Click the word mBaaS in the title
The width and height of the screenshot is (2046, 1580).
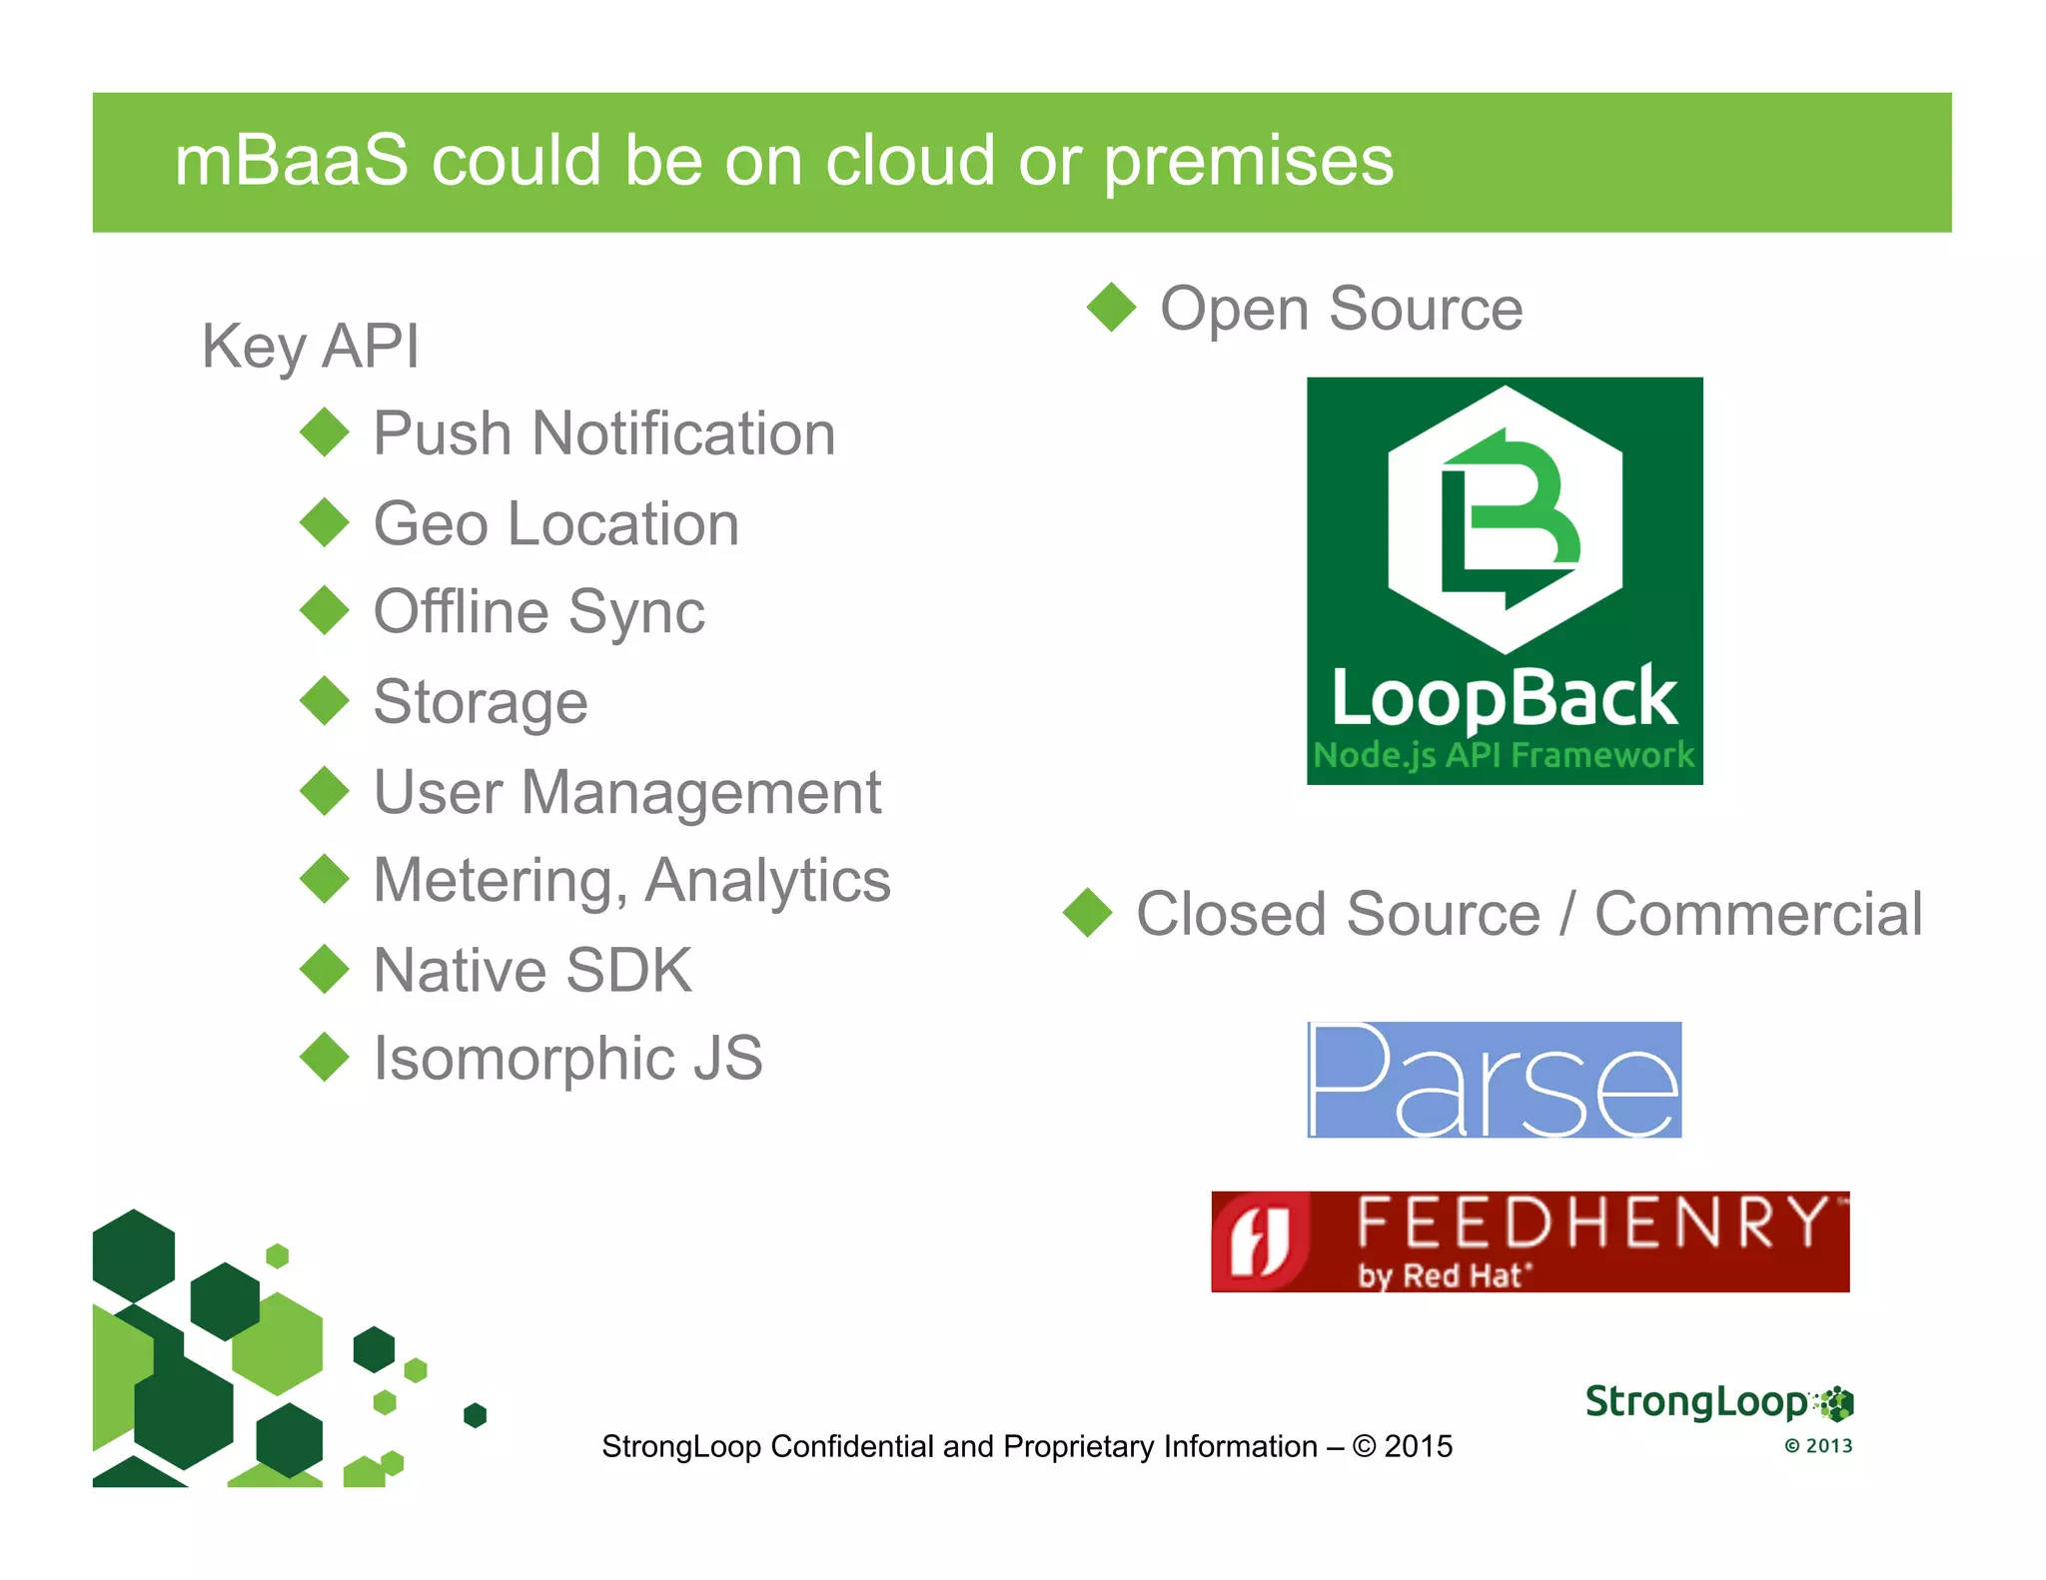(291, 161)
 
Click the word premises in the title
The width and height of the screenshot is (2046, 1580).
(1248, 161)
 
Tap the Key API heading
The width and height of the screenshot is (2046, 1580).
(311, 347)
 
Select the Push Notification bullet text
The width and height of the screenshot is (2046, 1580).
(603, 433)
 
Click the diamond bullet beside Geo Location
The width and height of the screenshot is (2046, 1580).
(325, 522)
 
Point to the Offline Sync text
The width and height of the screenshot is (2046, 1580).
(538, 611)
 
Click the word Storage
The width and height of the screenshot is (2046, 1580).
(481, 701)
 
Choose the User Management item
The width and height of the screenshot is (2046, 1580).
(626, 792)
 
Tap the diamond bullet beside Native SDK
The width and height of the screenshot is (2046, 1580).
(325, 969)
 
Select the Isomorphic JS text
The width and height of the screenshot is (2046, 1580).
(567, 1058)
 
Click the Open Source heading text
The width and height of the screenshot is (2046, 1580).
(1341, 309)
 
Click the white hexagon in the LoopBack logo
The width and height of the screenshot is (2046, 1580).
(1505, 519)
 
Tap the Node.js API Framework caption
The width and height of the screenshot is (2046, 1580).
(1504, 755)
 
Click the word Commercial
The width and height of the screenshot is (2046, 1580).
(1757, 914)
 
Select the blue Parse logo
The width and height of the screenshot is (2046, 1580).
(1495, 1080)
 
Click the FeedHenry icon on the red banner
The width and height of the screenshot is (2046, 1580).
(1260, 1241)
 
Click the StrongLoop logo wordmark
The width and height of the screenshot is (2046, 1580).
(1696, 1402)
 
